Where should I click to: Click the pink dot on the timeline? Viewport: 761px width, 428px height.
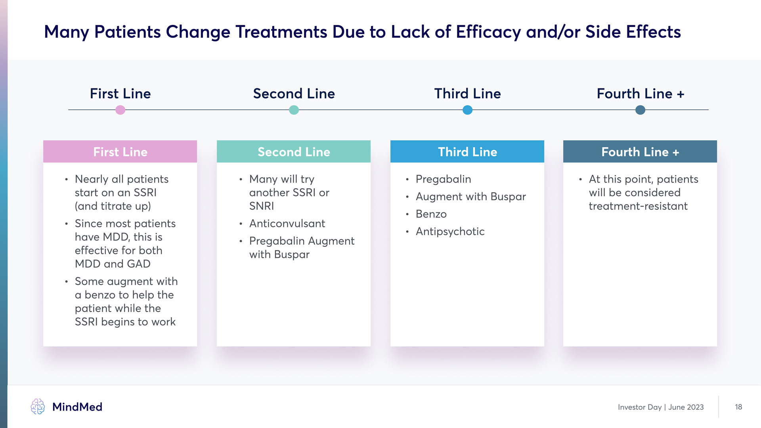pyautogui.click(x=120, y=110)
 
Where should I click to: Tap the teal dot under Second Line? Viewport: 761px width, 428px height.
pyautogui.click(x=294, y=110)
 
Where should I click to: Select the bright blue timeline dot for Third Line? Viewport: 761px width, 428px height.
pyautogui.click(x=467, y=110)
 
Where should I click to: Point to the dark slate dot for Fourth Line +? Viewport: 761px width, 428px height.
pyautogui.click(x=640, y=110)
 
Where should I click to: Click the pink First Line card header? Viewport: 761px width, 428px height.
pyautogui.click(x=120, y=151)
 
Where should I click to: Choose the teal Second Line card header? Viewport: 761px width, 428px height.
pyautogui.click(x=294, y=151)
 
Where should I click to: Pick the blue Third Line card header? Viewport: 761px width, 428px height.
pyautogui.click(x=467, y=151)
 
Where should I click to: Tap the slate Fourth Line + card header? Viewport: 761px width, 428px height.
pyautogui.click(x=640, y=151)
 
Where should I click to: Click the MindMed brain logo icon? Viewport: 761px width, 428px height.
pyautogui.click(x=38, y=407)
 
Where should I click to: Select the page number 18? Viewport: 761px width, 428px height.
pyautogui.click(x=738, y=407)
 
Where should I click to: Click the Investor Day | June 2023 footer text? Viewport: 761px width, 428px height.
pyautogui.click(x=661, y=407)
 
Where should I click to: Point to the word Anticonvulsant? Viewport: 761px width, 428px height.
pyautogui.click(x=287, y=224)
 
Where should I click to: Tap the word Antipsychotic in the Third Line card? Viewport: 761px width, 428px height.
pyautogui.click(x=450, y=231)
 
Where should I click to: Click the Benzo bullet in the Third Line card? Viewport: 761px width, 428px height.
pyautogui.click(x=431, y=214)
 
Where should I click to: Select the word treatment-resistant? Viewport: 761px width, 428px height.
pyautogui.click(x=638, y=206)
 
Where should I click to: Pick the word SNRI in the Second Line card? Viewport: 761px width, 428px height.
pyautogui.click(x=262, y=206)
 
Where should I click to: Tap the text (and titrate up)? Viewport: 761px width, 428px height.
pyautogui.click(x=113, y=206)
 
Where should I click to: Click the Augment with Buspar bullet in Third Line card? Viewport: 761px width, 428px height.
pyautogui.click(x=471, y=197)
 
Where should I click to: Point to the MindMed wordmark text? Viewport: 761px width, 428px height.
pyautogui.click(x=77, y=407)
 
